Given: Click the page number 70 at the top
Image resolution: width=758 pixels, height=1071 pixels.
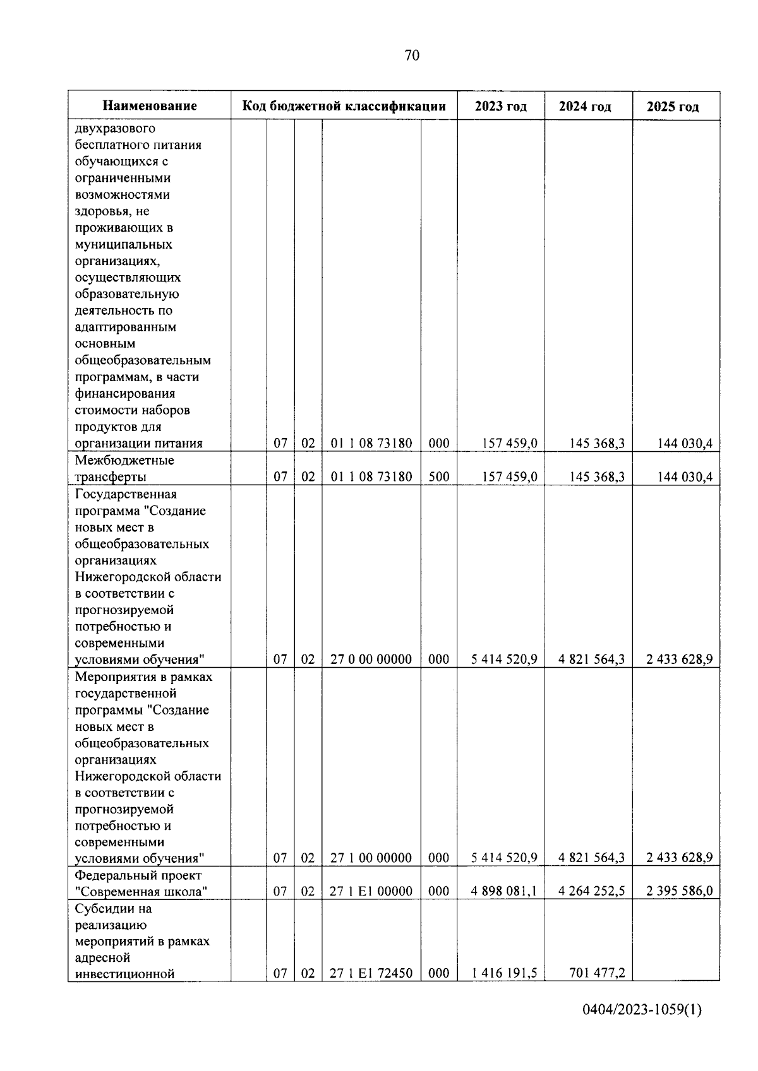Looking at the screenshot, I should click(x=411, y=56).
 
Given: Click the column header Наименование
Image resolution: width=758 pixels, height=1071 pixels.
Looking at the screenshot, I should click(x=150, y=106).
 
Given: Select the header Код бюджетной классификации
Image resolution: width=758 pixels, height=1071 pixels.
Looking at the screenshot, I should click(x=344, y=106).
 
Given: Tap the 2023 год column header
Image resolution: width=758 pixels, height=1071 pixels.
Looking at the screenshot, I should click(x=501, y=106).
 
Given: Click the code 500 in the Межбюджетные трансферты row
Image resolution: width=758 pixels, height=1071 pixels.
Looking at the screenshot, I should click(x=439, y=476).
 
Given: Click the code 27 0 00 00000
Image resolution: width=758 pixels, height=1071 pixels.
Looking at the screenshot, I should click(x=371, y=659).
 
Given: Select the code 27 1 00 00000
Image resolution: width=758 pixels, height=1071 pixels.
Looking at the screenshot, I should click(x=371, y=858).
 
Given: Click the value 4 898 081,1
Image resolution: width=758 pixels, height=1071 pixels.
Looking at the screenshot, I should click(x=504, y=891).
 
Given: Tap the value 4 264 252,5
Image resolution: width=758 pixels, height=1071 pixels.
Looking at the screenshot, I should click(x=591, y=891).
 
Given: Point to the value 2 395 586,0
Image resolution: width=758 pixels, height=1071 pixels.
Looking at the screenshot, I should click(x=679, y=891).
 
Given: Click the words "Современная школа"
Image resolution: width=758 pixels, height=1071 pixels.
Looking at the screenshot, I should click(x=141, y=891).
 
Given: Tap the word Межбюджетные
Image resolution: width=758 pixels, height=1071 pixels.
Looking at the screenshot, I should click(x=124, y=460).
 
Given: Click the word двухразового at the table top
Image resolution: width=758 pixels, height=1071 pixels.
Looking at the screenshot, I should click(x=115, y=129).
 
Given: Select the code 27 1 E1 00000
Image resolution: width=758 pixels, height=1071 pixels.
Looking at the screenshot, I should click(x=371, y=891).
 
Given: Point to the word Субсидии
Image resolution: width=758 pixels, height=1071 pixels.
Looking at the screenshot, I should click(x=104, y=908).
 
